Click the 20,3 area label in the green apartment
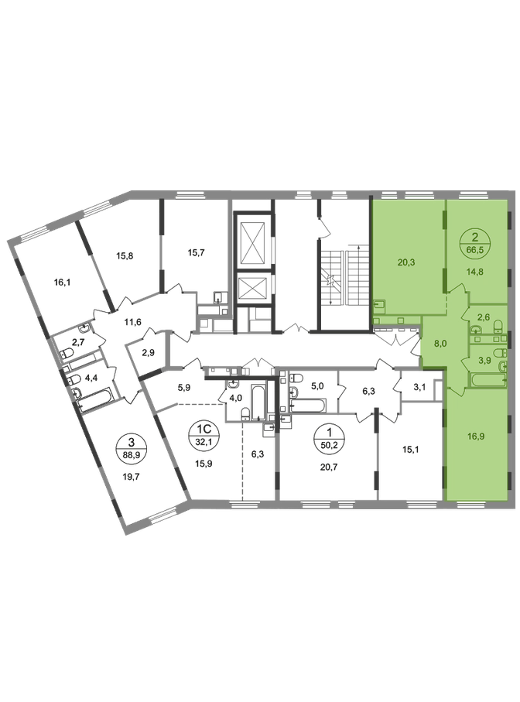click(406, 262)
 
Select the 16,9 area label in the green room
click(476, 436)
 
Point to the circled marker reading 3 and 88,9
click(131, 447)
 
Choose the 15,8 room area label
click(125, 256)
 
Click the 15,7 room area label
click(196, 252)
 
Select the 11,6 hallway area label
click(133, 321)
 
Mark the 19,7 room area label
click(131, 477)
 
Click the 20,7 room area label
click(329, 467)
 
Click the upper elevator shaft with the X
click(253, 243)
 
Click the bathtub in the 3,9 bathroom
click(487, 380)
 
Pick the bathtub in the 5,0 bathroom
click(307, 405)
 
